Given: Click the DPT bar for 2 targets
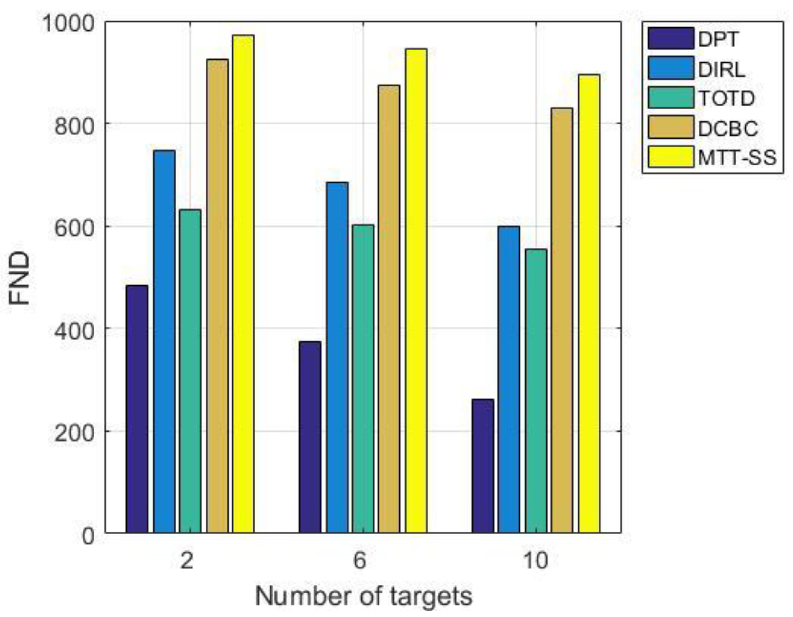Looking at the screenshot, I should pyautogui.click(x=137, y=409).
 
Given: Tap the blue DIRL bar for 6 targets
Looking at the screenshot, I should pyautogui.click(x=337, y=357).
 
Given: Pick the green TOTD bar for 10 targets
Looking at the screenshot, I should pyautogui.click(x=536, y=391).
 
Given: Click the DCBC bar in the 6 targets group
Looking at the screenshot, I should pyautogui.click(x=389, y=309).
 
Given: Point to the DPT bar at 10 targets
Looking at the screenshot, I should pyautogui.click(x=483, y=466).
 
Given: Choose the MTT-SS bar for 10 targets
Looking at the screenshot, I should pyautogui.click(x=589, y=304).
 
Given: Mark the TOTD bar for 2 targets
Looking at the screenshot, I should pyautogui.click(x=190, y=371).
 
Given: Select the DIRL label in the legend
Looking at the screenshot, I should pyautogui.click(x=721, y=69).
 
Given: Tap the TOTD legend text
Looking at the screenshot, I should pyautogui.click(x=726, y=98).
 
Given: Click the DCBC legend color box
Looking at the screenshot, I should pyautogui.click(x=670, y=127).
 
